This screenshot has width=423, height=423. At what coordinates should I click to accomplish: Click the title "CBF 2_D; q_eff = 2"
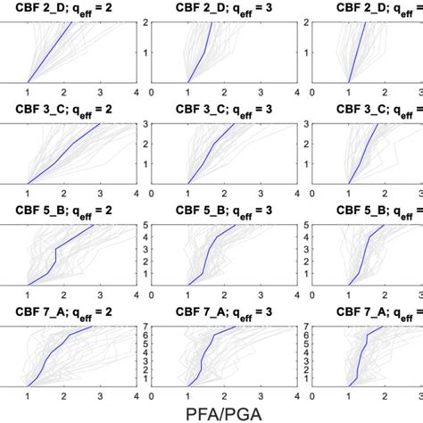(x=68, y=9)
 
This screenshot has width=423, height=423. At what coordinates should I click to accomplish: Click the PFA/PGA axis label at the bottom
(x=211, y=411)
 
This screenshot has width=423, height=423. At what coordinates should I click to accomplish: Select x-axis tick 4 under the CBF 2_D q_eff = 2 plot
(x=136, y=92)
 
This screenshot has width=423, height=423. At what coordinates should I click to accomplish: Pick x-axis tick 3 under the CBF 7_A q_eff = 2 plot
(x=99, y=396)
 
